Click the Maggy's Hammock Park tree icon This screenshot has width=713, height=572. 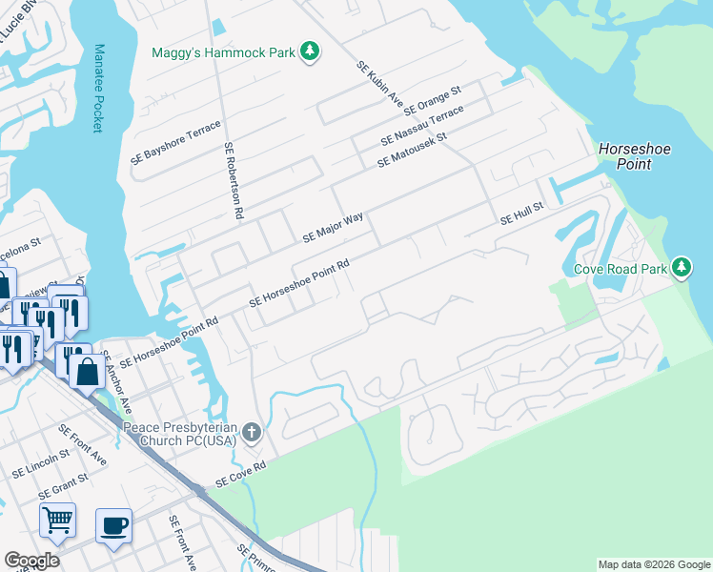pos(309,51)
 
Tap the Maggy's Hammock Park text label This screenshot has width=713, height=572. pos(224,51)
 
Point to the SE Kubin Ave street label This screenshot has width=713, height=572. pos(381,86)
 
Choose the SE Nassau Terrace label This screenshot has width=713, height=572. pos(421,125)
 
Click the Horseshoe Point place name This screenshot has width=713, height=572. pos(624,156)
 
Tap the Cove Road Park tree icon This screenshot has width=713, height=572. pos(681,269)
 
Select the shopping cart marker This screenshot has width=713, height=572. pos(57,520)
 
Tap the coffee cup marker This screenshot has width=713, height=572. pos(113,523)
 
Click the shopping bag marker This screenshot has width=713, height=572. pos(87,372)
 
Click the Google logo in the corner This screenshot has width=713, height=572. pos(31,561)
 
